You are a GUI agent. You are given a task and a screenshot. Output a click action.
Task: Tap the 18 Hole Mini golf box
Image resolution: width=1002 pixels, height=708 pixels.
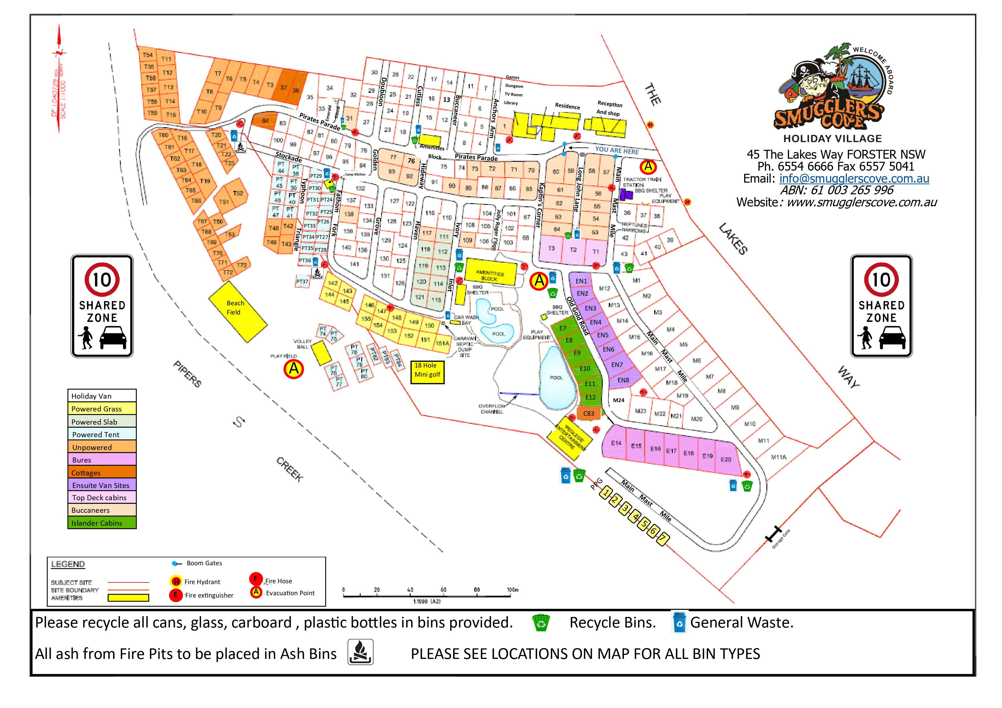point(427,372)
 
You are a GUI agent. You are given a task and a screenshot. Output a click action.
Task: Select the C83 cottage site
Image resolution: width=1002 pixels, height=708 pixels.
point(589,413)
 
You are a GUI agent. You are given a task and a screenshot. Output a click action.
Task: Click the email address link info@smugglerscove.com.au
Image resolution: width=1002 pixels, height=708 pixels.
point(854,178)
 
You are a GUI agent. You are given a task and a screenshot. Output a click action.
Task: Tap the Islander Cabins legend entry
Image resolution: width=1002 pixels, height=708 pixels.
point(102,523)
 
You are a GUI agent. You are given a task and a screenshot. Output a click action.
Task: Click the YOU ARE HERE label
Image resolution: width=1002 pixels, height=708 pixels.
point(617,150)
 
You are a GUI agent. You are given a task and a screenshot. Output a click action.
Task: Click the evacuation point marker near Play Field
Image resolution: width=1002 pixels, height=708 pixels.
point(294,369)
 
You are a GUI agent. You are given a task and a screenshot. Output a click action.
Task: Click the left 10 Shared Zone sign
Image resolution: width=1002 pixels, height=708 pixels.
point(102,306)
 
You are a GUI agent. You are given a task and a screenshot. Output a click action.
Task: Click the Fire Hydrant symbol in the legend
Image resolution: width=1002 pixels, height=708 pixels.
point(176,582)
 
